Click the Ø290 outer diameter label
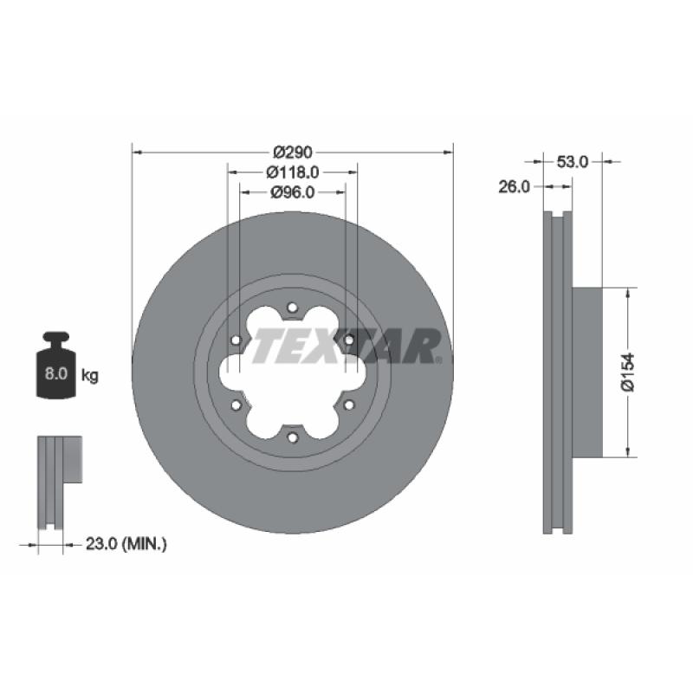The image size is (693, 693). point(293,152)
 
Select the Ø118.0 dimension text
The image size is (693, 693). point(293,172)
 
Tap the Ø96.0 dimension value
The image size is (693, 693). point(293,192)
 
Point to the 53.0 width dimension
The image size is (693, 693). point(572,162)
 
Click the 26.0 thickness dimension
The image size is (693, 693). point(514,187)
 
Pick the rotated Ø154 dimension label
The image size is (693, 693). point(627,372)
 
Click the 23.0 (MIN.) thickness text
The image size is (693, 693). point(126,544)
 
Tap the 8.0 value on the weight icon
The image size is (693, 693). point(55,373)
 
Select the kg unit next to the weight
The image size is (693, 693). point(90,376)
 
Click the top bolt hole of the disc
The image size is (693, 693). point(292,308)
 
